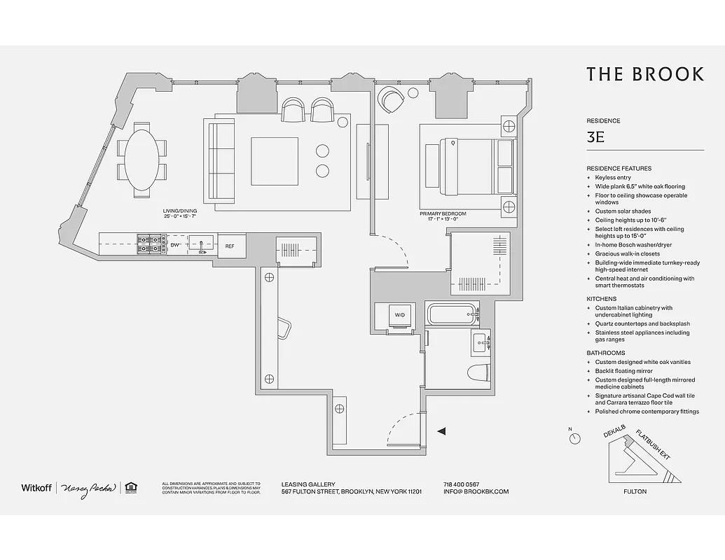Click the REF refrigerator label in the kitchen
230,246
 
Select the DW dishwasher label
175,246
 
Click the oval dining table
142,160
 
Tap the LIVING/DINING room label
179,211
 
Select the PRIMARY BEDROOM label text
443,213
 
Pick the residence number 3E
596,137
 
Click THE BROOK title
644,75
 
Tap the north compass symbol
575,438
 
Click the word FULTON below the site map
635,491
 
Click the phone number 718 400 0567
462,484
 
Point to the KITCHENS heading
602,299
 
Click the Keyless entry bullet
613,178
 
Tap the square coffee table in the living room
275,161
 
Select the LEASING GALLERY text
308,484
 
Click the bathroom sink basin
481,342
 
